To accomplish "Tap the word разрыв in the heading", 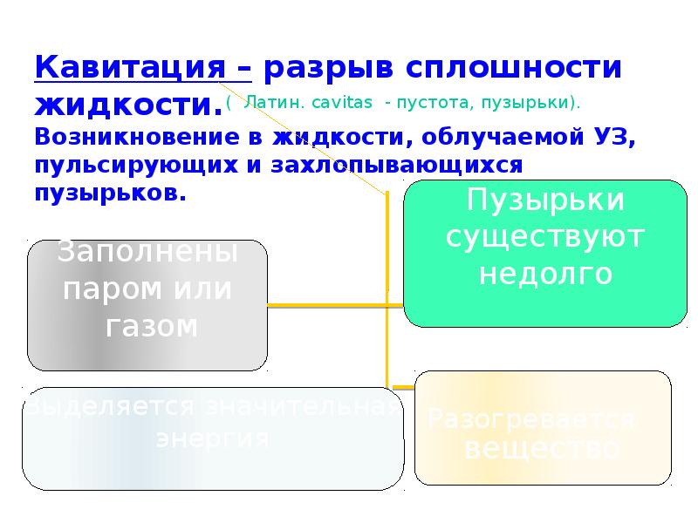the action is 317,67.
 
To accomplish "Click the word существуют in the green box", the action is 544,236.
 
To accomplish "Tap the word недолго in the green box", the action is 544,273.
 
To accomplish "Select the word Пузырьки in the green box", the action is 545,199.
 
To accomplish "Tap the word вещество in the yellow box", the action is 542,448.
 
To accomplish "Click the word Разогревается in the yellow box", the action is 530,419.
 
